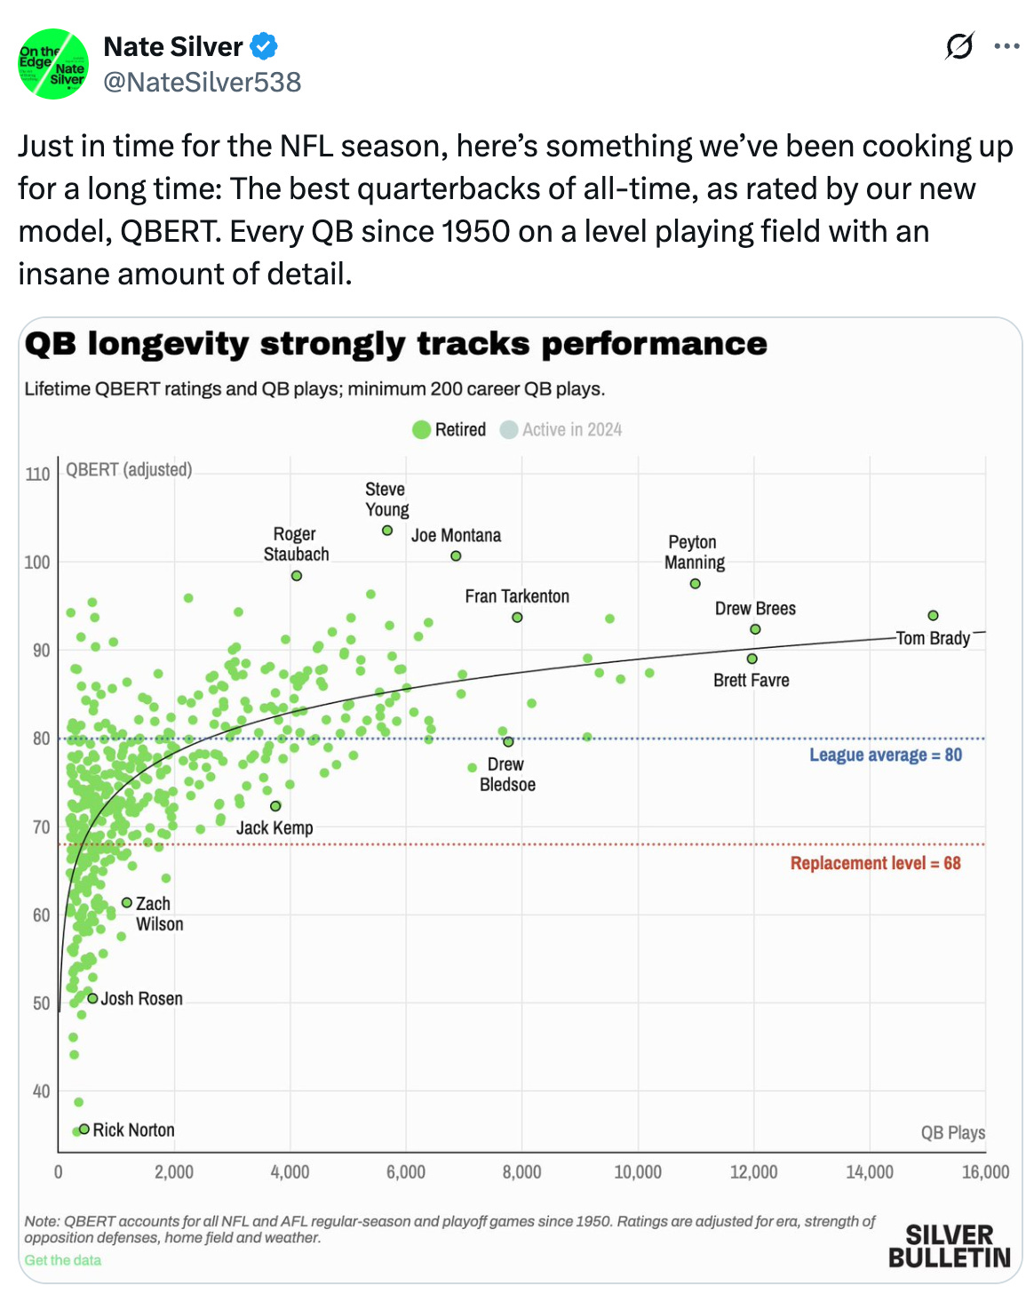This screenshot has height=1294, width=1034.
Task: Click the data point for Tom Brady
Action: pos(933,616)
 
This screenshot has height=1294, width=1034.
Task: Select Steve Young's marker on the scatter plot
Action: pos(387,531)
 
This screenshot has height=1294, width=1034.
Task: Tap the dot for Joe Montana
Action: pos(456,556)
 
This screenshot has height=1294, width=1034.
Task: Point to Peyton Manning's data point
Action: pos(695,584)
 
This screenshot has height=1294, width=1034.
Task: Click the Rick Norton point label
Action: pos(133,1130)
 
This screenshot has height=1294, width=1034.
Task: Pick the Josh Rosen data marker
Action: pos(92,998)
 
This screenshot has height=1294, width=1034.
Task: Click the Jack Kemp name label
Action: pos(274,828)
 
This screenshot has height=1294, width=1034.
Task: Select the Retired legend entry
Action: pos(449,430)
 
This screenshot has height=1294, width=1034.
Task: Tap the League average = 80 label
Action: pos(885,755)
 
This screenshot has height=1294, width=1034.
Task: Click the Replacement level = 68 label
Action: pos(875,864)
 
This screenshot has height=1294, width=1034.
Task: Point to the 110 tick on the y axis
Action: pos(37,475)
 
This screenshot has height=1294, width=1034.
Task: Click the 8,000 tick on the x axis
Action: pos(521,1172)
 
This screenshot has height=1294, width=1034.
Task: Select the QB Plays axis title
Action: pos(952,1133)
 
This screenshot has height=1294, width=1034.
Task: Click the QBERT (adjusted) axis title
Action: pos(129,470)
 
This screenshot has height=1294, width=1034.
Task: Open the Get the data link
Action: pos(62,1260)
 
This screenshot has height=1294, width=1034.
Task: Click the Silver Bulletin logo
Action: pos(949,1246)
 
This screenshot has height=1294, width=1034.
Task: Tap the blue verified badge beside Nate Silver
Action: pos(264,46)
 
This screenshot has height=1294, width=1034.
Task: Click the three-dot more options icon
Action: pos(1006,46)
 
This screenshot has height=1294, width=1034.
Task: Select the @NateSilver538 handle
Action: pos(203,83)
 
